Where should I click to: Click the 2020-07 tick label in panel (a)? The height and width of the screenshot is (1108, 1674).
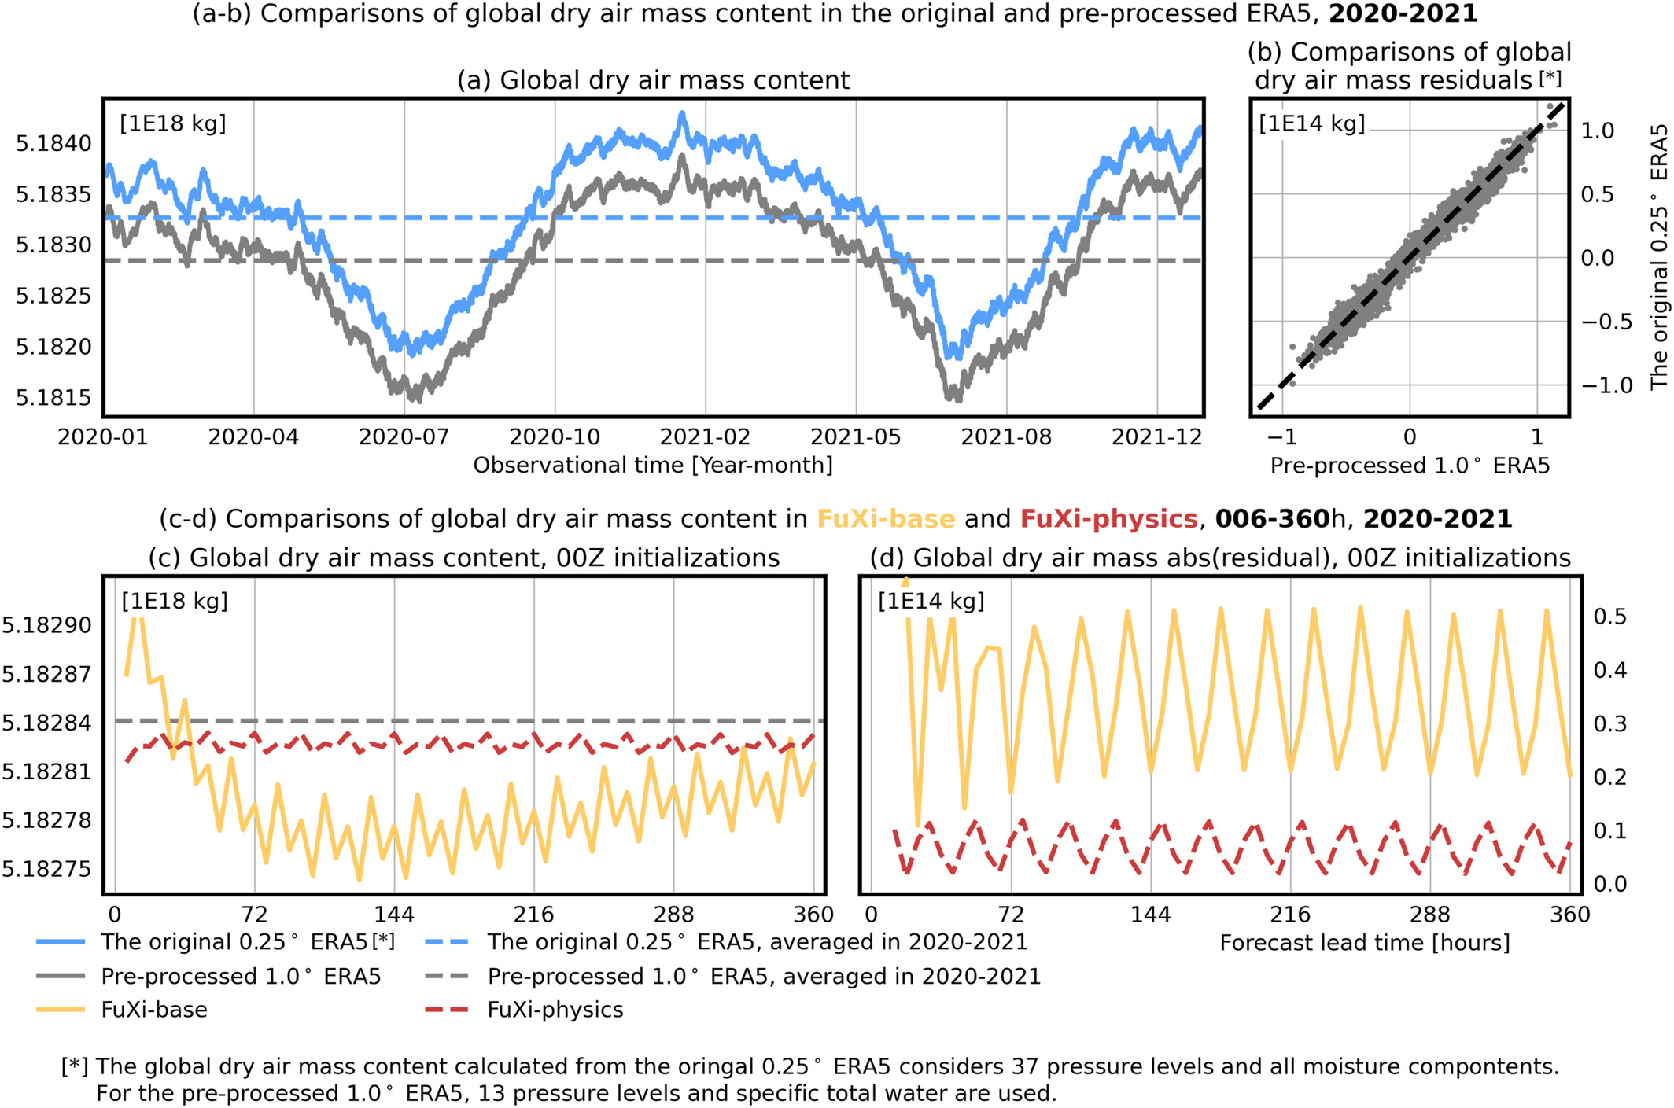404,436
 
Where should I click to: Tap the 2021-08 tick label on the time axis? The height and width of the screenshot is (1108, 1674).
1006,436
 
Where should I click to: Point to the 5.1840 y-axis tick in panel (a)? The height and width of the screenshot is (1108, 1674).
53,143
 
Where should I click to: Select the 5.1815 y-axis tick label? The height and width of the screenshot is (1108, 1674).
53,398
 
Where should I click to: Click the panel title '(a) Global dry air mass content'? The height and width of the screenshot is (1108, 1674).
653,80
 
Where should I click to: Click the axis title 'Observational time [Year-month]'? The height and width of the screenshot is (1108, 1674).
653,466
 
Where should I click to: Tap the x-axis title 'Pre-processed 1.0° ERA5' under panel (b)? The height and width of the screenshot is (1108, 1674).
1410,466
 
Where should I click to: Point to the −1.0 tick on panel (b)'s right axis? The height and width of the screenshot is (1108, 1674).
1607,385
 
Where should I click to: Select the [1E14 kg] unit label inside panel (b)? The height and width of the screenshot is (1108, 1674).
1311,124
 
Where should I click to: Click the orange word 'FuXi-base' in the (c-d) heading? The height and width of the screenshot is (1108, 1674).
886,519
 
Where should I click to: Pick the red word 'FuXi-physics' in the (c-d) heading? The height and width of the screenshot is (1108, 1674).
1108,519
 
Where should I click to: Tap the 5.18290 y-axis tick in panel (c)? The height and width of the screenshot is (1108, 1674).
46,626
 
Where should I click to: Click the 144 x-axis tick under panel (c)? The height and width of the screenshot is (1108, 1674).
394,915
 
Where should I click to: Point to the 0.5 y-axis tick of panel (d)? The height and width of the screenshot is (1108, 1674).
1609,617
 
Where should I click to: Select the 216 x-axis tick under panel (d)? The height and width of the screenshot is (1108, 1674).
1290,915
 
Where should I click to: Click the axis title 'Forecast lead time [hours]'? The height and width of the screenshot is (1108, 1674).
1365,943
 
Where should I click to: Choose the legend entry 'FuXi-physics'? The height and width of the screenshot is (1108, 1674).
555,1010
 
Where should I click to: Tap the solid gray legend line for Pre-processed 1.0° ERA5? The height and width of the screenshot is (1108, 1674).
61,976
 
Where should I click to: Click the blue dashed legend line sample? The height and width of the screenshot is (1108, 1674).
446,942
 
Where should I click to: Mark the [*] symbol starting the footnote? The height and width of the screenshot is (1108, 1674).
75,1066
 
